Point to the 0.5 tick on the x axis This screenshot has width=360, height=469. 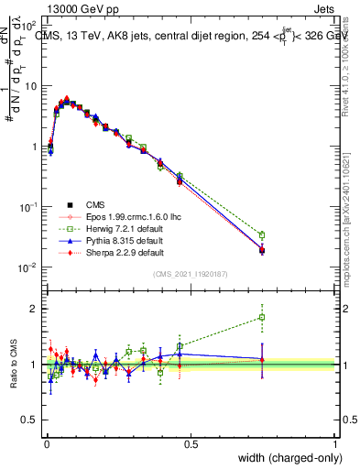191,443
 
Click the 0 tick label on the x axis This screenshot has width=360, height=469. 47,443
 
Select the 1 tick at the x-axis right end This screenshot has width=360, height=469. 335,443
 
